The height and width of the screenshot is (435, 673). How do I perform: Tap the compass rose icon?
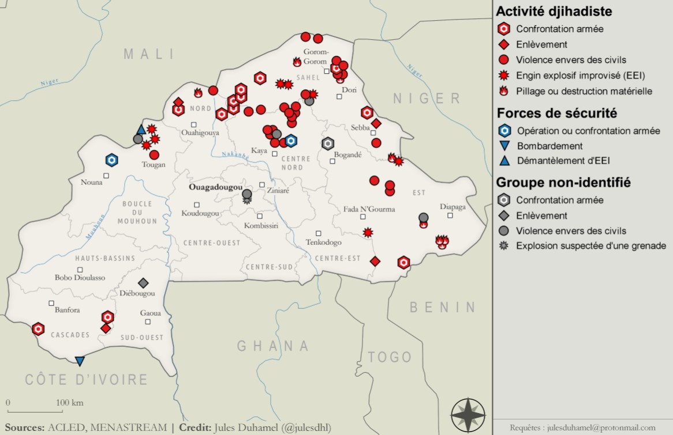click(x=469, y=414)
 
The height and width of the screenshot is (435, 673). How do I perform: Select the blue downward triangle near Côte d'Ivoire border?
click(x=80, y=361)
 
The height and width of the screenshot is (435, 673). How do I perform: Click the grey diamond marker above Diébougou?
click(x=143, y=283)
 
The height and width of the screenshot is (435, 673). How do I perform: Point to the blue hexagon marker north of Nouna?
click(x=111, y=160)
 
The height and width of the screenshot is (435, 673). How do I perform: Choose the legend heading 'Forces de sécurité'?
click(x=556, y=113)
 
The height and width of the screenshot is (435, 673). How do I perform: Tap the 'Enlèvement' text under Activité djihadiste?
click(x=541, y=44)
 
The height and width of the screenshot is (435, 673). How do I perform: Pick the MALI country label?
click(x=149, y=54)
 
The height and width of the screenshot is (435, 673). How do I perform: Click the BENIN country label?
click(x=443, y=307)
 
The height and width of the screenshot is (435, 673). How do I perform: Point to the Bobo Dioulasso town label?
click(x=80, y=277)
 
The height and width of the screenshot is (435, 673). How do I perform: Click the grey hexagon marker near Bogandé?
click(x=328, y=143)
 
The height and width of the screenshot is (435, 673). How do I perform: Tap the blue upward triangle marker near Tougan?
click(x=141, y=130)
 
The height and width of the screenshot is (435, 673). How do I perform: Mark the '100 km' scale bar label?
click(x=70, y=402)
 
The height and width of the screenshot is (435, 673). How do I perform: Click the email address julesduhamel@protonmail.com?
click(x=582, y=428)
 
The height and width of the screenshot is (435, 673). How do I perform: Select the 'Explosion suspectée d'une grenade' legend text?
click(x=591, y=246)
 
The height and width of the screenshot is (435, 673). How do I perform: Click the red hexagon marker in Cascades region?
click(x=38, y=329)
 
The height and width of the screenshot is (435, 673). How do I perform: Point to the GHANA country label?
click(x=273, y=346)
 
